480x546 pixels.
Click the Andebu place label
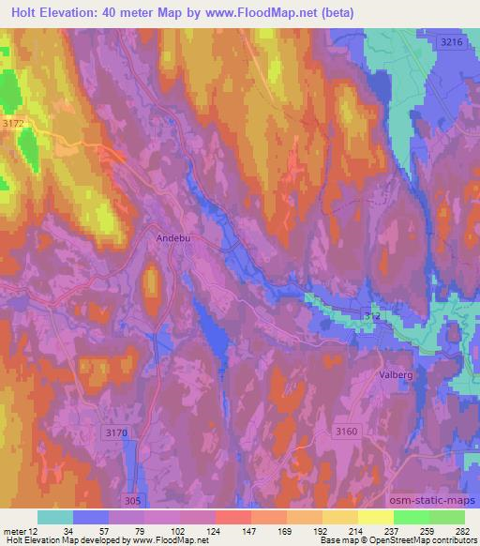172,238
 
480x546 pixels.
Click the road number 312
372,319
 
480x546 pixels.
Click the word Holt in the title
27,11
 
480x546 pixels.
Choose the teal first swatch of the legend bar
55,517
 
